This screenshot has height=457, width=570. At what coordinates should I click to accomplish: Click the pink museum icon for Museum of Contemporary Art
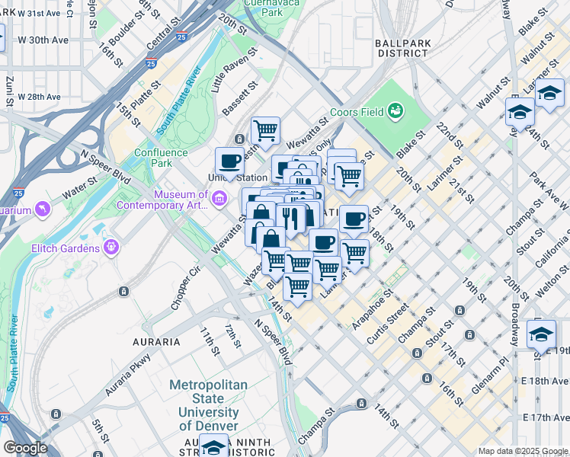coord(219,200)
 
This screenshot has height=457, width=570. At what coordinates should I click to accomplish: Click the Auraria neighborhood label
coord(156,342)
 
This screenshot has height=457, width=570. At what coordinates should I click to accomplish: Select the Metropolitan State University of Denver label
coord(208,405)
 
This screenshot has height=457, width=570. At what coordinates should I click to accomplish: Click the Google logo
coord(25,447)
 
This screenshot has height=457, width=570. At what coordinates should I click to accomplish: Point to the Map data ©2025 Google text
coord(522,451)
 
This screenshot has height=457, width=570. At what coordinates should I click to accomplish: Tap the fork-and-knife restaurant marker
coord(290,219)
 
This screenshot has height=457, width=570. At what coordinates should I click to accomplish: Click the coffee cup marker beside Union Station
coord(229,161)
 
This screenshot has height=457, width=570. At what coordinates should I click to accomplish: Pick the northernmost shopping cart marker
coord(265,129)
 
